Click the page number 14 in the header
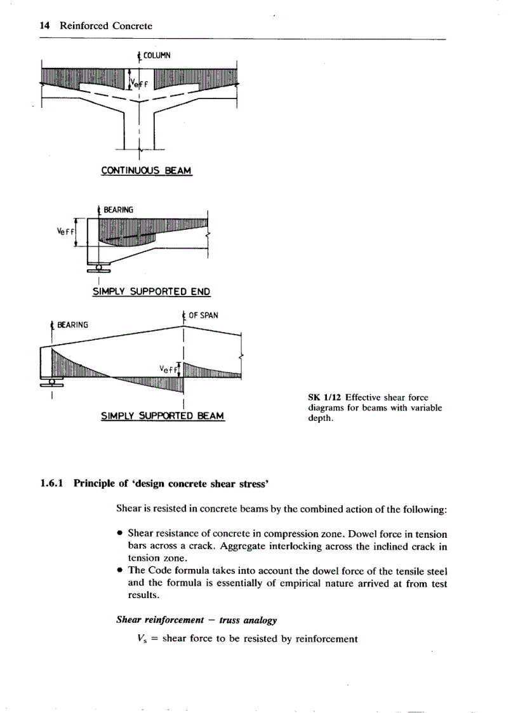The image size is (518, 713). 44,26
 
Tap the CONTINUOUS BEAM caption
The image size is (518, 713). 146,171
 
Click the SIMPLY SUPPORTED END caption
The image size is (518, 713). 151,292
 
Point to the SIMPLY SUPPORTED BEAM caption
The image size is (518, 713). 163,416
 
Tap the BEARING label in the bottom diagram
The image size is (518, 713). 72,325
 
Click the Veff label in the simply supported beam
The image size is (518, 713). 168,368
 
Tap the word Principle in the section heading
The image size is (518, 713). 95,484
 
